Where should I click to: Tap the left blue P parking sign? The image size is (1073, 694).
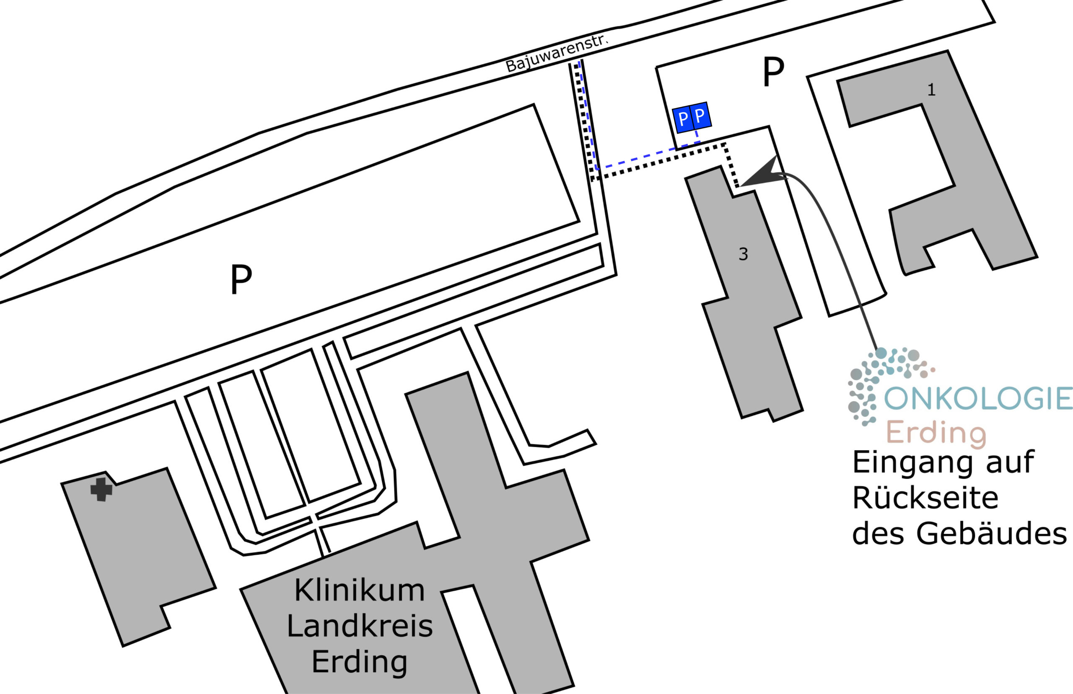pos(683,119)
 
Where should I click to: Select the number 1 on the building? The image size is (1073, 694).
pos(931,90)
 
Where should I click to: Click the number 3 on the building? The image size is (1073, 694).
pos(744,254)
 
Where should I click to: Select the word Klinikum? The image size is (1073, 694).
pos(360,591)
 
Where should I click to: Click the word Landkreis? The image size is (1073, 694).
pos(360,627)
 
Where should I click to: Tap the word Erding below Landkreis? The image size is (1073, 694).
pos(360,663)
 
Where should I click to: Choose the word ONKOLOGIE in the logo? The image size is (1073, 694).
pos(978,398)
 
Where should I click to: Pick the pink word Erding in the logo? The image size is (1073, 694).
pos(936,433)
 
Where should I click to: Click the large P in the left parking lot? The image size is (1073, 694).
pos(241,279)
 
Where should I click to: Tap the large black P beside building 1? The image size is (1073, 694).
pos(774,72)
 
